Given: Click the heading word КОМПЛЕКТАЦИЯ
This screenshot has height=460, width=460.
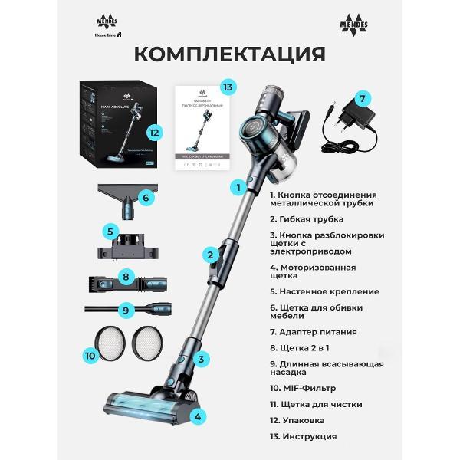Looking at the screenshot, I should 229,54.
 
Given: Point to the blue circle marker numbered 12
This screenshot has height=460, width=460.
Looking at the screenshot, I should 154,132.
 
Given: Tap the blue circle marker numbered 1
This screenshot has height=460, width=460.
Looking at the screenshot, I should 238,186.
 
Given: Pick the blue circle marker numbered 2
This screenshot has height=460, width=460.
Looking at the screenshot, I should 209,255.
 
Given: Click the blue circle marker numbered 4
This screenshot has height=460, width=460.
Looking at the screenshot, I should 198,417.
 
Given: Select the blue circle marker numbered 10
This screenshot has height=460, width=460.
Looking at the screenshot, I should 89,354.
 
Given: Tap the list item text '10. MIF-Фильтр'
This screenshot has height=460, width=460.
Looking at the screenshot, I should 303,388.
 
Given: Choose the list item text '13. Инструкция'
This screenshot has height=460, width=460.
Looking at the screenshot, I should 303,436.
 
